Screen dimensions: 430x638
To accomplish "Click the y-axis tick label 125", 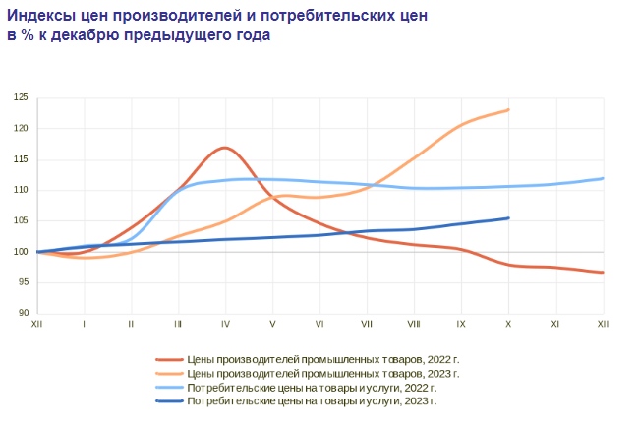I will tap(21, 97).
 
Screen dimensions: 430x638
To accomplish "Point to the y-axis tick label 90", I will tap(23, 313).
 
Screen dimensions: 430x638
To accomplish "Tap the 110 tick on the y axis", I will tap(21, 190).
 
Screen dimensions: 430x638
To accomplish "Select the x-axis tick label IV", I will tap(225, 323).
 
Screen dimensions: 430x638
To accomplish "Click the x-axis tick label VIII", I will tap(414, 323).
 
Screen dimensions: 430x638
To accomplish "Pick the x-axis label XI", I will tap(555, 323).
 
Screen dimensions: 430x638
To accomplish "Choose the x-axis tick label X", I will tap(508, 323).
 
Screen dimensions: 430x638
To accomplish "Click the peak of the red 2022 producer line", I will tap(225, 148).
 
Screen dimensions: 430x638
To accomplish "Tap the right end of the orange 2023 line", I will tap(508, 109).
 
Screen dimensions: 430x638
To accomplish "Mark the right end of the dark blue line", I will tap(508, 218).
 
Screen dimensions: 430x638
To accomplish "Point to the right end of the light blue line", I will tap(603, 178).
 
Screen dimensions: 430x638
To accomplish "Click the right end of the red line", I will tap(603, 273).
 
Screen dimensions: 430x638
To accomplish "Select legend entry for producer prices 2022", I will tap(322, 360).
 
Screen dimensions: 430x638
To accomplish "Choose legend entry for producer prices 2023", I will tap(322, 374).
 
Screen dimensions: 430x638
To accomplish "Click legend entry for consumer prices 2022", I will tap(311, 388).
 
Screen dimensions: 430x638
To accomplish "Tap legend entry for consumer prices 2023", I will tap(311, 401).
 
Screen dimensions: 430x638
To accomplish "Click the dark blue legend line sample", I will tap(169, 401).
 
